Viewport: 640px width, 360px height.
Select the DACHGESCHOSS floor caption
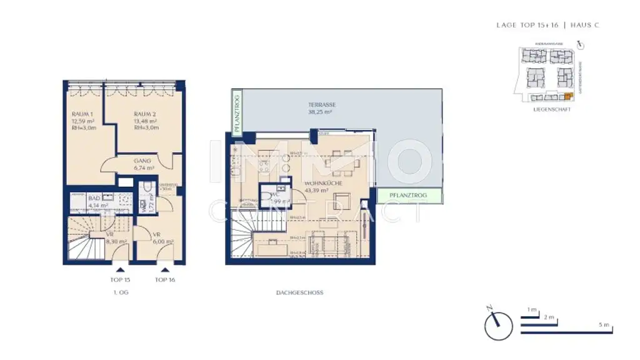point(299,292)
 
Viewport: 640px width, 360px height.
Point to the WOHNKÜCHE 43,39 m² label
point(321,186)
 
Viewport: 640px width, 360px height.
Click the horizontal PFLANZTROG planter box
point(409,196)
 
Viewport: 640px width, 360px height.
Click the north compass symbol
point(498,325)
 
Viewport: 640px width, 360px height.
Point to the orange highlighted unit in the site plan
point(567,96)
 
